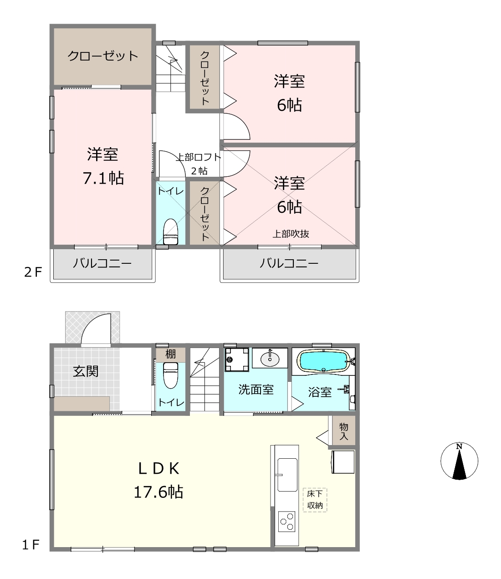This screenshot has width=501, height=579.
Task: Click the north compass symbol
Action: [x=459, y=461]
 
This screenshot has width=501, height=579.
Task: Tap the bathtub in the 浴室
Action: [x=323, y=362]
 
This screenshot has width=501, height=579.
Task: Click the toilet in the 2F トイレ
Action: [x=170, y=232]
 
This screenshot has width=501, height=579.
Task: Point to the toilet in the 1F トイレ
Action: [x=170, y=375]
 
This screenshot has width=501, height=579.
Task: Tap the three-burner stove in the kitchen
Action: [x=287, y=522]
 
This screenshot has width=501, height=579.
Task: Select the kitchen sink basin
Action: [x=287, y=475]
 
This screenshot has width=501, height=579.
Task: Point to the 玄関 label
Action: [x=86, y=372]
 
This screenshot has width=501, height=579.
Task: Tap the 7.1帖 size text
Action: [x=103, y=178]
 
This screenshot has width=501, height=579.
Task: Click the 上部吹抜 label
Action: [x=291, y=234]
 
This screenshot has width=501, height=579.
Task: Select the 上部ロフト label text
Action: [x=198, y=157]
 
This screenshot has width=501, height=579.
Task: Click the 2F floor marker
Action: [x=33, y=272]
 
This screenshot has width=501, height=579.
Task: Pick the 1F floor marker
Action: [x=31, y=545]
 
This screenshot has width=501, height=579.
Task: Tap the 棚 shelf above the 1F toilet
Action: [x=170, y=355]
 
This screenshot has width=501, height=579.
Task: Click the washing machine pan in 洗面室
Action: [x=237, y=359]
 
